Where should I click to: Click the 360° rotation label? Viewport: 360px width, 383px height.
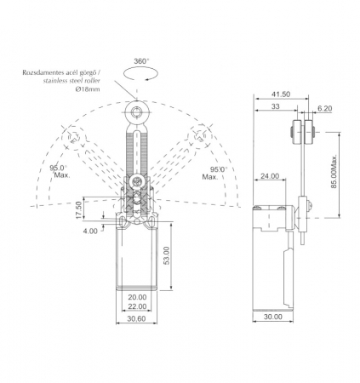141,61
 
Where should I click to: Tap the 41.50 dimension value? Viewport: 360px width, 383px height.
281,94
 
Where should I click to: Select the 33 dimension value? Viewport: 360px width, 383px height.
275,106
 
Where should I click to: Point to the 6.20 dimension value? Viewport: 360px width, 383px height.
324,109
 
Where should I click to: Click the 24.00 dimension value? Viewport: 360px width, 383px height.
270,176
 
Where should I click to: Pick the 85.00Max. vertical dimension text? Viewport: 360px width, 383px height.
334,171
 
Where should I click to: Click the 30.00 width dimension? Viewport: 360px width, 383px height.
273,317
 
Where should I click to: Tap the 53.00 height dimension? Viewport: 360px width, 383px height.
167,255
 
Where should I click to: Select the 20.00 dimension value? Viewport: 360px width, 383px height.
137,297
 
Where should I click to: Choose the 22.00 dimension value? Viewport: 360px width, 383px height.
137,306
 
